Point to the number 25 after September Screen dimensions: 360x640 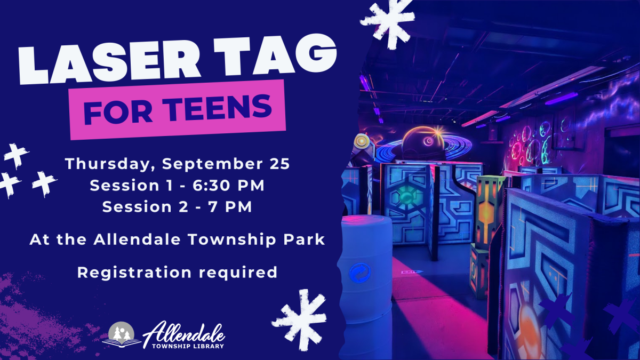click(x=280, y=164)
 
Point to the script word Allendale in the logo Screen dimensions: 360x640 click(x=185, y=331)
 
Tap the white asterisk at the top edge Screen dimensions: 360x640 click(x=387, y=15)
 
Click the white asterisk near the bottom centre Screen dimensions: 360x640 click(x=299, y=316)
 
